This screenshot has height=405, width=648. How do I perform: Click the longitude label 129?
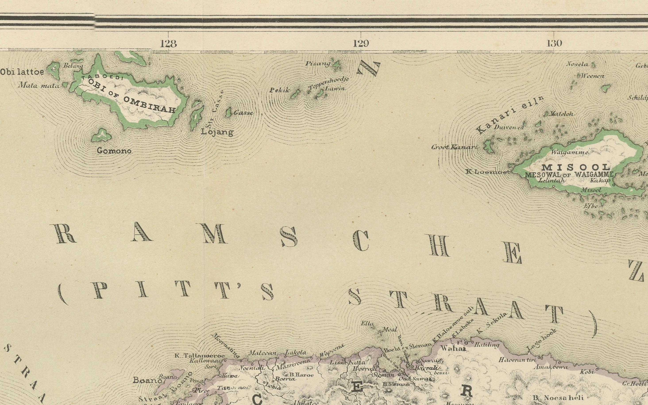361,43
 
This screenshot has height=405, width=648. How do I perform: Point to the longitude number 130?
554,43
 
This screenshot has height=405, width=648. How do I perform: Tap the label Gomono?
114,151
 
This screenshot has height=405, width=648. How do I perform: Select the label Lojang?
217,132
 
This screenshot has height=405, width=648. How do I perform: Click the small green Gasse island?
228,113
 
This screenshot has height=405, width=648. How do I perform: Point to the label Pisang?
318,64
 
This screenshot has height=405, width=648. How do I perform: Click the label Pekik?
279,91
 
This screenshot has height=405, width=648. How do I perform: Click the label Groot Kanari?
455,147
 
